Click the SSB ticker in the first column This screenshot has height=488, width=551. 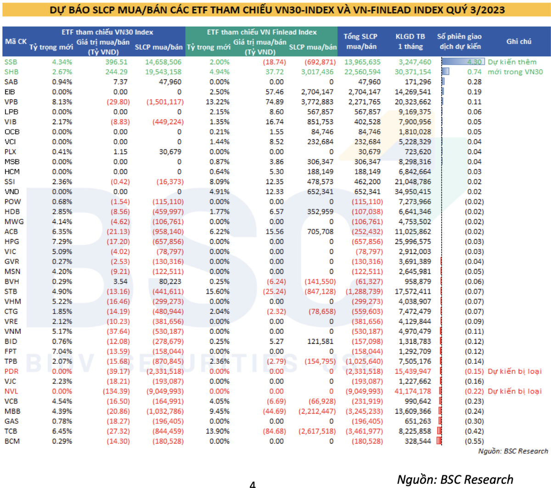pos(11,62)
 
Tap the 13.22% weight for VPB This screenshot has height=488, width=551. pos(218,102)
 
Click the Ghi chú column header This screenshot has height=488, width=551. pos(519,41)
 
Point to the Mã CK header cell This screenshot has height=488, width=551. pos(16,41)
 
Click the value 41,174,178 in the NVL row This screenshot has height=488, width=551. pos(413,391)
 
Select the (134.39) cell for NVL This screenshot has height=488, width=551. pos(116,391)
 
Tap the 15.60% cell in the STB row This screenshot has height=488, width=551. pos(218,292)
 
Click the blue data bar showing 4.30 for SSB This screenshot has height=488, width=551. pos(462,62)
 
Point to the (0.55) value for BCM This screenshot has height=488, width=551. pos(474,441)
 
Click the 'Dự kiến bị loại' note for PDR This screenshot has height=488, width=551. pos(515,372)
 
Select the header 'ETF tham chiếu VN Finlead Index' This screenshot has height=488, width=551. pos(262,32)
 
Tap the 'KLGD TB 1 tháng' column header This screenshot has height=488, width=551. pos(410,41)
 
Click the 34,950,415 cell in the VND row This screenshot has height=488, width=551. pos(413,192)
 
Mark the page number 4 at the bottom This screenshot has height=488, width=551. pos(253,484)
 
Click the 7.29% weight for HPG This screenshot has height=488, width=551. pos(62,242)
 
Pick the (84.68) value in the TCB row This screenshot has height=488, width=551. pos(275,431)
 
